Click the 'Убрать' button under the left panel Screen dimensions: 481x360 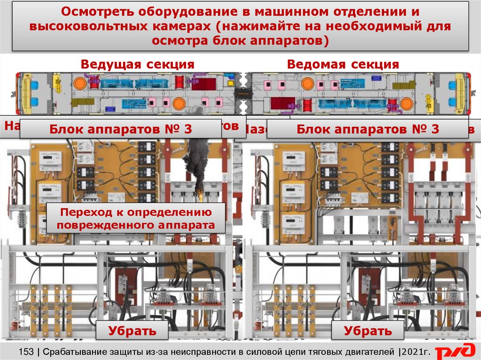[132, 330]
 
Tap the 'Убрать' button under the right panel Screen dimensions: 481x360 [368, 330]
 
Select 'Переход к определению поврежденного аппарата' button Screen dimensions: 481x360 [136, 219]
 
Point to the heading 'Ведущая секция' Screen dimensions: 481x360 [137, 64]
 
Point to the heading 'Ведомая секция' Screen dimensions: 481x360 [343, 64]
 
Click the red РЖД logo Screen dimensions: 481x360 [454, 352]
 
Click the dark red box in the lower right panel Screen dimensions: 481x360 [367, 287]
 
